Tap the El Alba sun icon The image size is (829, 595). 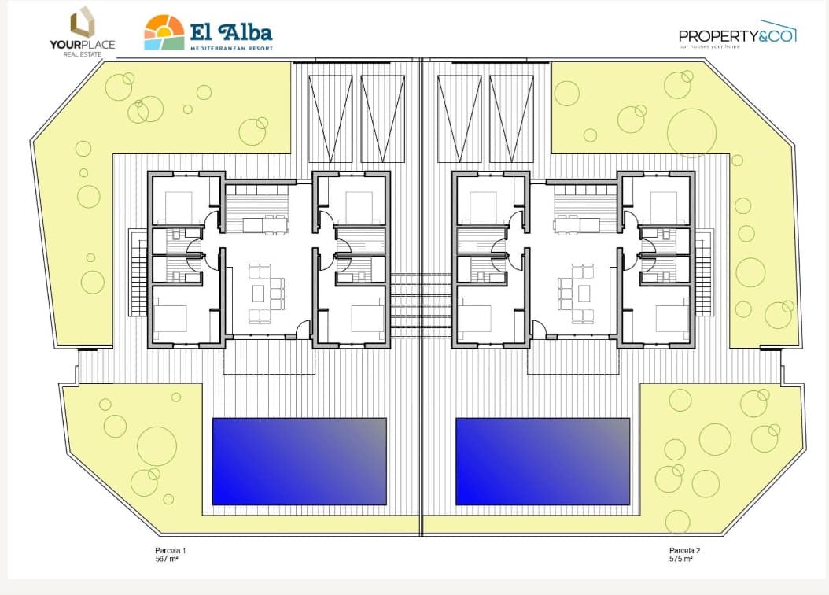point(164,32)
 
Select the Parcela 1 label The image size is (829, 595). point(170,550)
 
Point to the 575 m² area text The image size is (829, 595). point(680,559)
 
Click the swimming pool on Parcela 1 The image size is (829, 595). point(299,460)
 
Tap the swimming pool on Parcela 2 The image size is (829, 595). point(543,460)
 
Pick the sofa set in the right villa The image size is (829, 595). point(576,294)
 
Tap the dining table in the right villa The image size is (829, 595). point(579,225)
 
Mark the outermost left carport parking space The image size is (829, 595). point(330,118)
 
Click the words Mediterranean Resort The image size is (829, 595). point(231,48)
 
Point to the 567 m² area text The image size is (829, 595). point(167,559)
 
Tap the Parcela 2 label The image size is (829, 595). point(684,550)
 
